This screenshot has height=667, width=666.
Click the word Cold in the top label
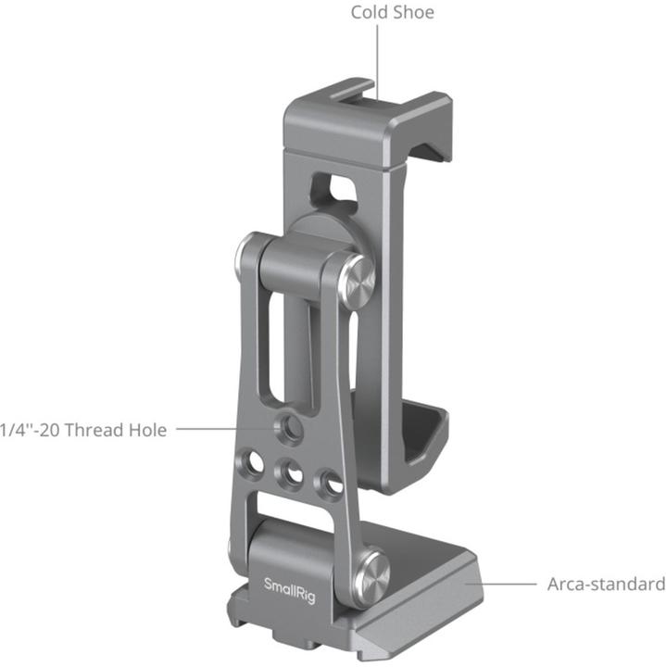(x=369, y=13)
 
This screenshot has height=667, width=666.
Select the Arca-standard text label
(x=606, y=585)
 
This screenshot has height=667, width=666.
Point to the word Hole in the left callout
(x=148, y=430)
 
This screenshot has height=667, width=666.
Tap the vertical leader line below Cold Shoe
(x=378, y=56)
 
